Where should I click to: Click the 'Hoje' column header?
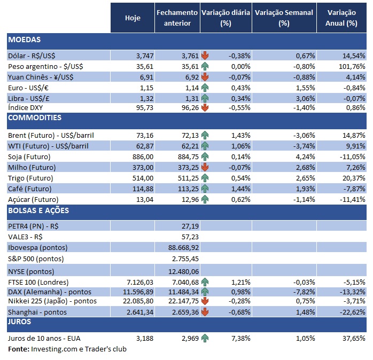133,18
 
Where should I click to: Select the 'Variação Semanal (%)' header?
284,18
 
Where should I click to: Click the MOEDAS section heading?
25,40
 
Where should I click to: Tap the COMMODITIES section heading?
35,118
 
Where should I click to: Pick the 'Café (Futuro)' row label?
30,189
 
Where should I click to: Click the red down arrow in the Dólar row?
205,56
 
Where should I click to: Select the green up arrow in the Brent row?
205,136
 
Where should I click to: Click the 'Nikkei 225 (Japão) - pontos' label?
51,302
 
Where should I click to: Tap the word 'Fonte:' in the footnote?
19,349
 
